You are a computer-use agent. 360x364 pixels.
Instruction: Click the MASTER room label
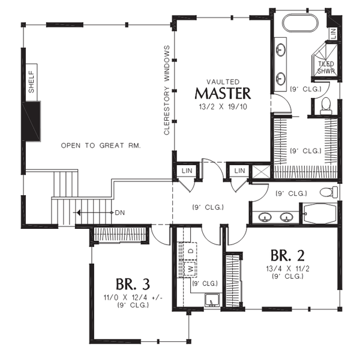[x=223, y=94]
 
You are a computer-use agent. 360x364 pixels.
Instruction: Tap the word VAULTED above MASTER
[x=223, y=81]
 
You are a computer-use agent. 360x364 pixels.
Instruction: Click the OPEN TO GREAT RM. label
[x=100, y=146]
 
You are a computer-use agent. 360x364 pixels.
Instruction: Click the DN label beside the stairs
[x=120, y=212]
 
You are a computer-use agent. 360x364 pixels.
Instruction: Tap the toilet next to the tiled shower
[x=326, y=106]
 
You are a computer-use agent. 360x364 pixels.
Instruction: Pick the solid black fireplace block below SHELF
[x=31, y=120]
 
